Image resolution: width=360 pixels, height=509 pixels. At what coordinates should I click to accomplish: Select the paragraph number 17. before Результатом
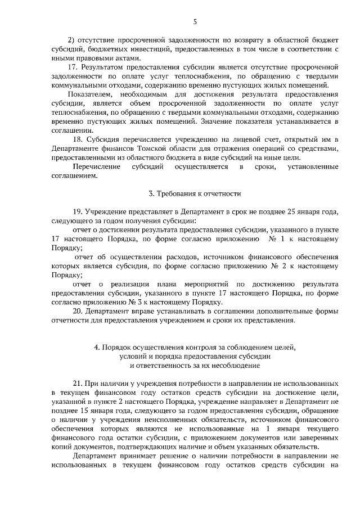click(72, 67)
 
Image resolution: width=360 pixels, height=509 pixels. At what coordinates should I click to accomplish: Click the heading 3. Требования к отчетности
click(195, 194)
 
